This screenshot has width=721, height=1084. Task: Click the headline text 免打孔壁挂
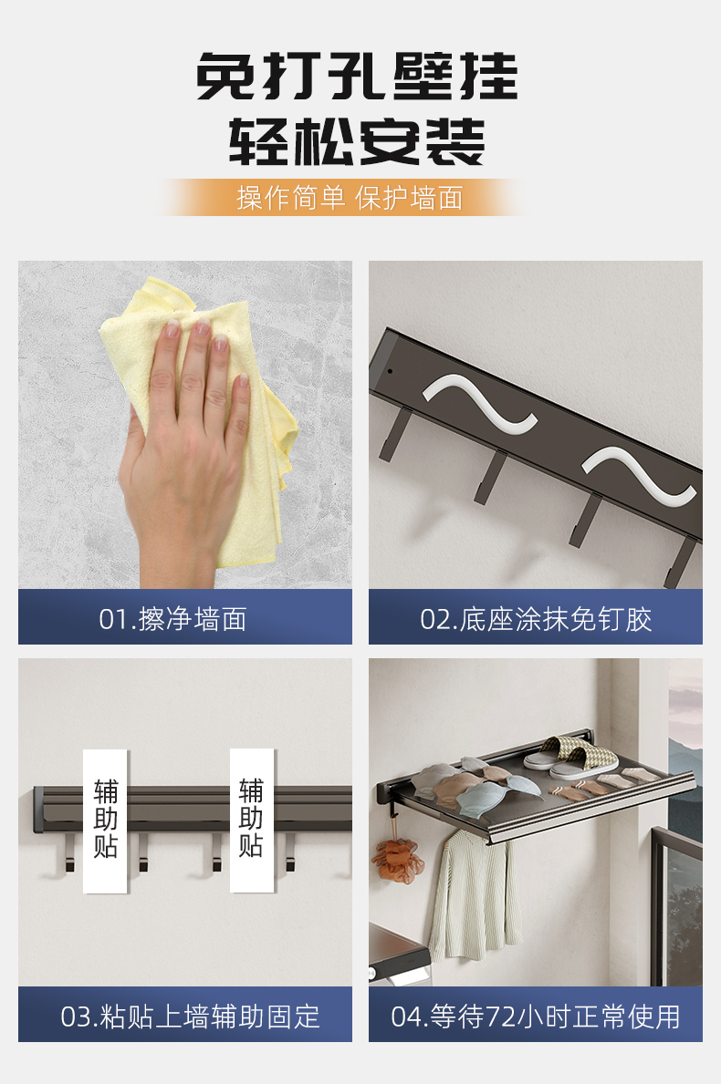click(x=357, y=76)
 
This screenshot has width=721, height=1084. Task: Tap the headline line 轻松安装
click(x=357, y=141)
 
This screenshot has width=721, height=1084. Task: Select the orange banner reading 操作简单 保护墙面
click(x=350, y=198)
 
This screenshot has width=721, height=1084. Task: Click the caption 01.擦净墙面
click(x=172, y=619)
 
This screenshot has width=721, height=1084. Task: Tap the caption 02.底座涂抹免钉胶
click(x=536, y=619)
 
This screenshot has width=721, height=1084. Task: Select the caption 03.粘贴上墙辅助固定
click(x=190, y=1017)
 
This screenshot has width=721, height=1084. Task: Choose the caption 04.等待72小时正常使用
click(x=536, y=1017)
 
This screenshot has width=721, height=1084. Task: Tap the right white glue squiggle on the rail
click(x=638, y=477)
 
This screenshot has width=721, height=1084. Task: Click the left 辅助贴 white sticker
click(x=106, y=821)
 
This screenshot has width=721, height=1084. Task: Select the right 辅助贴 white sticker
click(x=251, y=821)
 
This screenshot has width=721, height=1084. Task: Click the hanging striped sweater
click(x=475, y=895)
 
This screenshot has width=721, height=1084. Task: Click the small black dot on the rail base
click(x=390, y=371)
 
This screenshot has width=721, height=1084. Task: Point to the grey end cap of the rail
click(x=38, y=810)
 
